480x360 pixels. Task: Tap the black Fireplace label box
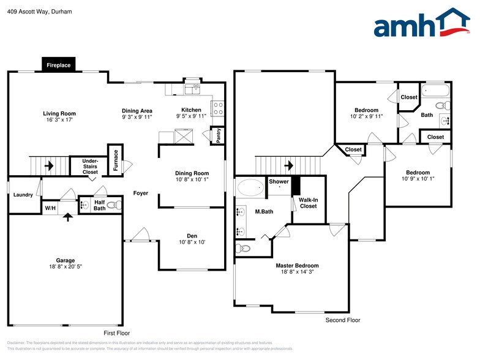coord(59,65)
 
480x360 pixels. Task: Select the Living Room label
coord(59,113)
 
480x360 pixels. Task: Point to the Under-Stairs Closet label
coord(90,167)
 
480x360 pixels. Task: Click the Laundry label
coord(23,195)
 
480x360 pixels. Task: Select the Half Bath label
coord(99,204)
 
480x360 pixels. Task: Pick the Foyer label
coord(141,193)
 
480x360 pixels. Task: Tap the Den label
coord(192,236)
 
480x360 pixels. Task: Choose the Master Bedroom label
coord(297,265)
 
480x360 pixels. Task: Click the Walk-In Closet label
coord(308,203)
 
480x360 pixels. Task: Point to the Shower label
coord(279,182)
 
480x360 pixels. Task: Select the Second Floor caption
coord(342,320)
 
